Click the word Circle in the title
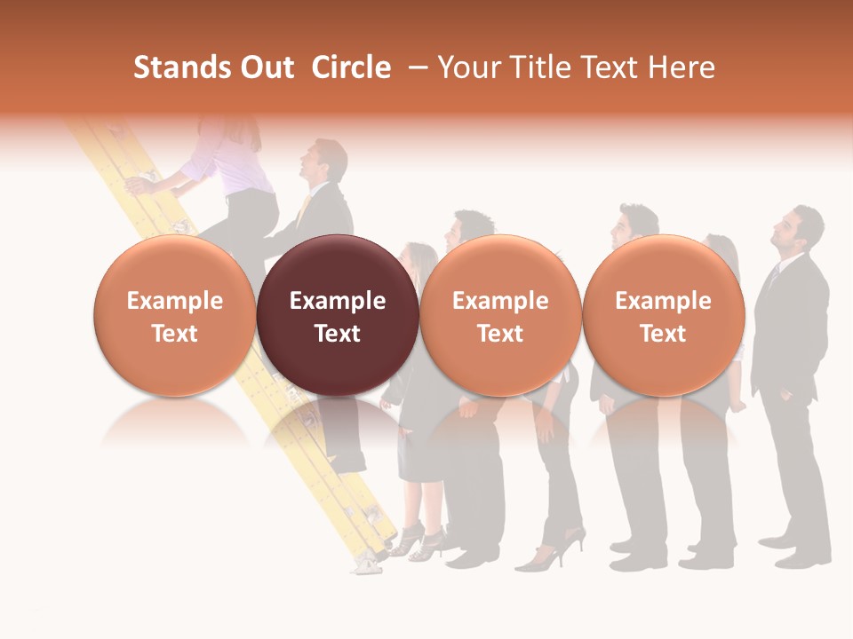coord(351,67)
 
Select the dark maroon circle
coord(338,315)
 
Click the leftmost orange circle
coord(175,315)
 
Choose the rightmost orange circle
coord(664,315)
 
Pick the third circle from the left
coord(500,315)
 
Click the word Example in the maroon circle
coord(338,301)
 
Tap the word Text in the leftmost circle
coord(175,334)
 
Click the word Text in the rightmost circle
coord(664,334)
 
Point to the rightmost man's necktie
coord(774,277)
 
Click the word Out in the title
coord(267,67)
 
